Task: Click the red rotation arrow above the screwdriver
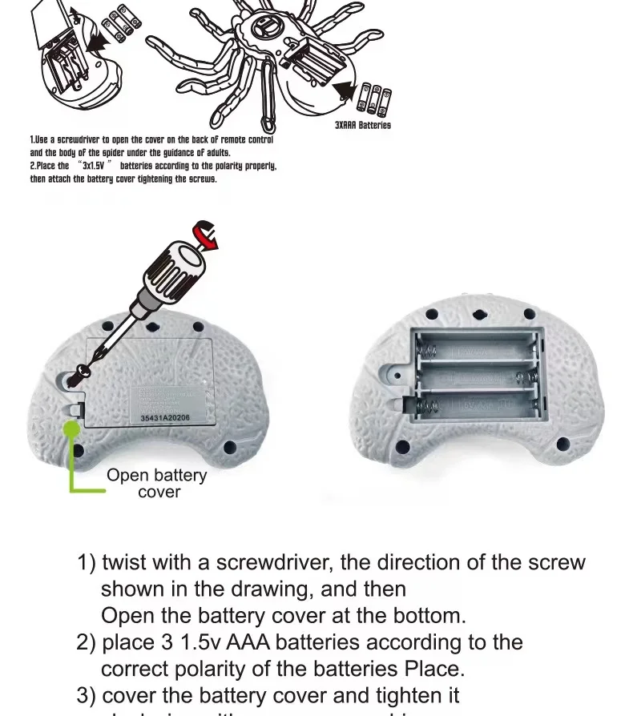[x=205, y=237]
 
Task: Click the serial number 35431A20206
[x=166, y=417]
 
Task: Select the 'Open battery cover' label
[x=157, y=484]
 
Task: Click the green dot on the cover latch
[x=72, y=429]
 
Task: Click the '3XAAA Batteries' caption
[x=362, y=126]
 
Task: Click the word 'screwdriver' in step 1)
[x=256, y=562]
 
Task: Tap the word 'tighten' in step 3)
[x=396, y=695]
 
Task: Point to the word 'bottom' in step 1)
[x=429, y=616]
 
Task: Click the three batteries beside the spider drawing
[x=375, y=99]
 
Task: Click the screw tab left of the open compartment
[x=398, y=370]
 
